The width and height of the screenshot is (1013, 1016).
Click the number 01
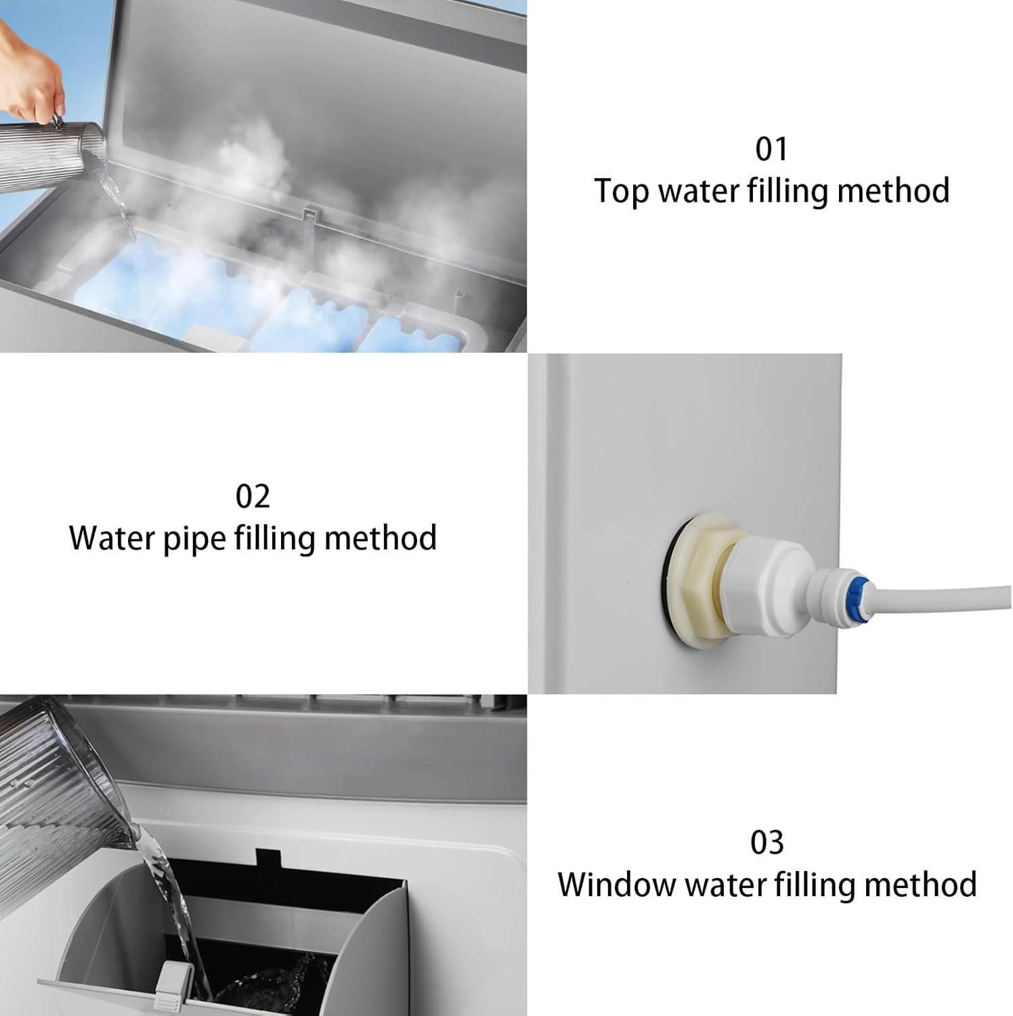tap(771, 149)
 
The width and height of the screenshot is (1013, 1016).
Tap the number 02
tap(253, 496)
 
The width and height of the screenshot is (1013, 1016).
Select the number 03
tap(767, 843)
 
